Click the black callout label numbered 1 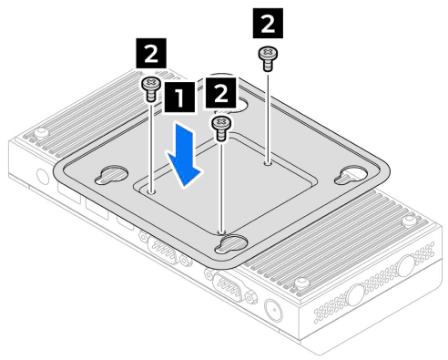[179, 98]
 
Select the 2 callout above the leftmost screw [151, 54]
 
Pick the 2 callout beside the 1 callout [220, 93]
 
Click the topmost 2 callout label [268, 23]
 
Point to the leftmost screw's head [151, 84]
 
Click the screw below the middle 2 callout [221, 129]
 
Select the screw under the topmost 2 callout [268, 58]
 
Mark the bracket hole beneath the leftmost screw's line [151, 191]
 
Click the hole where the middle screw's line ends [221, 232]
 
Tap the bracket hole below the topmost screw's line [268, 163]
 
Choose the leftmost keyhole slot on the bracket [111, 175]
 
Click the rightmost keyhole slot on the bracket [351, 175]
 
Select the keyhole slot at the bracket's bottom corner [231, 244]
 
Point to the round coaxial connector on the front [274, 310]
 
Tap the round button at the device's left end [43, 177]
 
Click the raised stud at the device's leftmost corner [41, 133]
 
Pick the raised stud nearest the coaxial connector [301, 283]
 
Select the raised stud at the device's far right [409, 221]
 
